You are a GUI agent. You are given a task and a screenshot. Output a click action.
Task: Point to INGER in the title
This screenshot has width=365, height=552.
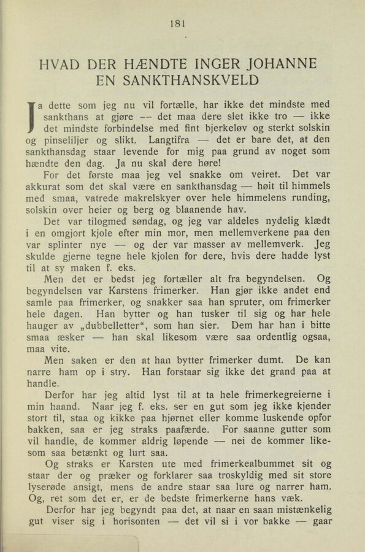tap(212, 64)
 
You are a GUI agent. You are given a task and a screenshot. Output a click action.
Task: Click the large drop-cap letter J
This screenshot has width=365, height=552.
tap(30, 116)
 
